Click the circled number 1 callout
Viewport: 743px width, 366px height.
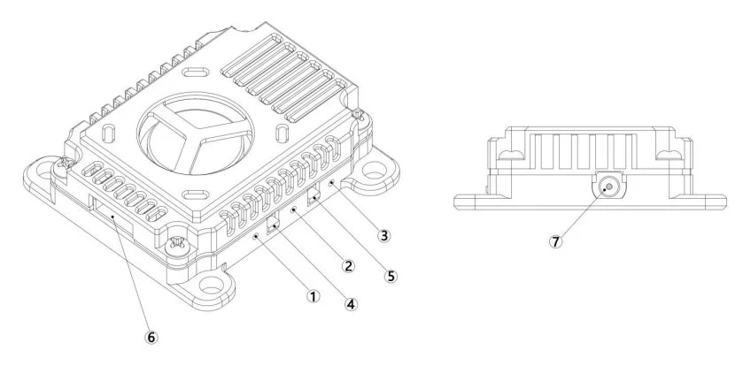click(x=313, y=296)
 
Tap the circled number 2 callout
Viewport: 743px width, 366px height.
click(x=348, y=264)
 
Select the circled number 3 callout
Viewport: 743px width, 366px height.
click(x=383, y=236)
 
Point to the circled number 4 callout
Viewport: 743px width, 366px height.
click(x=351, y=302)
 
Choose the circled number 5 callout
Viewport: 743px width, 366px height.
click(x=391, y=274)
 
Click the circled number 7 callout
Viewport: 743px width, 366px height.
click(x=555, y=240)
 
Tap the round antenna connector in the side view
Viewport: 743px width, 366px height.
click(x=607, y=187)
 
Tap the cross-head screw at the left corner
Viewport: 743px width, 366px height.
click(x=64, y=163)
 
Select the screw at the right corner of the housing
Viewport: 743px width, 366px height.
click(x=357, y=115)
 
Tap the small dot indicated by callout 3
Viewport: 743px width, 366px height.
click(x=332, y=182)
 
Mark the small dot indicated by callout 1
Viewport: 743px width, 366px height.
click(x=255, y=237)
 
